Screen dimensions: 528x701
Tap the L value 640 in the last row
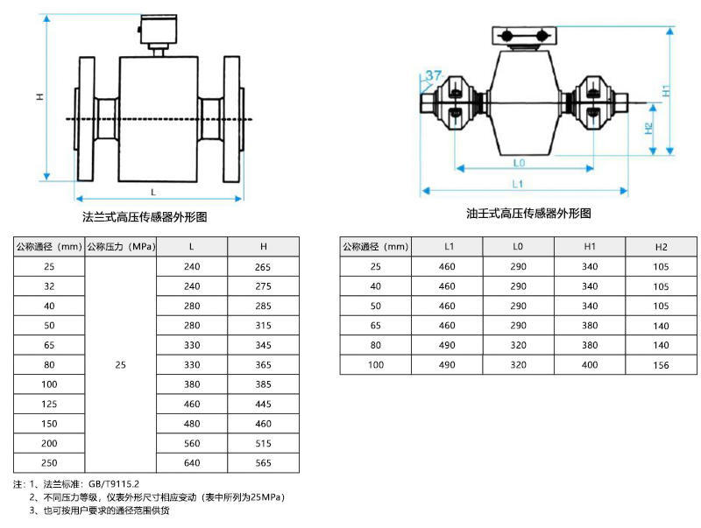192,462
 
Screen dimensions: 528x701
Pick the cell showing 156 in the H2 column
661,364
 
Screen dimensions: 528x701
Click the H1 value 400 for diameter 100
590,364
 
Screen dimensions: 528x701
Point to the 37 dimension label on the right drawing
433,75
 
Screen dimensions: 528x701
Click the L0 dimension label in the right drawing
518,163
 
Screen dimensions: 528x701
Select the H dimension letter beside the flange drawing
39,96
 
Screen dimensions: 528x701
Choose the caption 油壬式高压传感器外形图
528,213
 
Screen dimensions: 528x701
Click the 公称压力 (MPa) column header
120,247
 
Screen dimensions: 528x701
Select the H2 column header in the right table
661,248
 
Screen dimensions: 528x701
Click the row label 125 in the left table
48,404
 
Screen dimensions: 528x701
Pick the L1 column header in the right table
447,248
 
